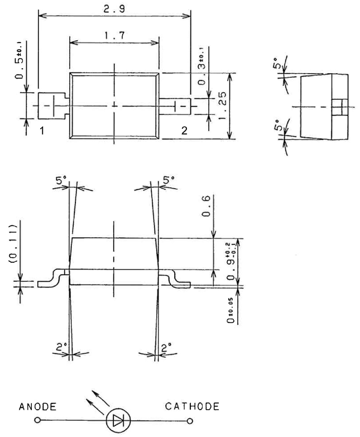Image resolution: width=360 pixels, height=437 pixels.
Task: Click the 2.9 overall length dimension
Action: [114, 8]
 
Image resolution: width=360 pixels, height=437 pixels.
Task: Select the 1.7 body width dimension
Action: [114, 35]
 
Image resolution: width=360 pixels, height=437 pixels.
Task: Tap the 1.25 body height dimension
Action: [222, 105]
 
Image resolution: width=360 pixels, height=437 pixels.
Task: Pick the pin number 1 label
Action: [42, 131]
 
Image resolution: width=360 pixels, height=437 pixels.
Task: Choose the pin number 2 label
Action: [184, 131]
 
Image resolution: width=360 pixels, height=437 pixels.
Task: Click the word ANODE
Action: [37, 407]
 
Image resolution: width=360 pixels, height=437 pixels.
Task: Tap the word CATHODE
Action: [192, 406]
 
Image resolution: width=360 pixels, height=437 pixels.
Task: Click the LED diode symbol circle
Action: [118, 420]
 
